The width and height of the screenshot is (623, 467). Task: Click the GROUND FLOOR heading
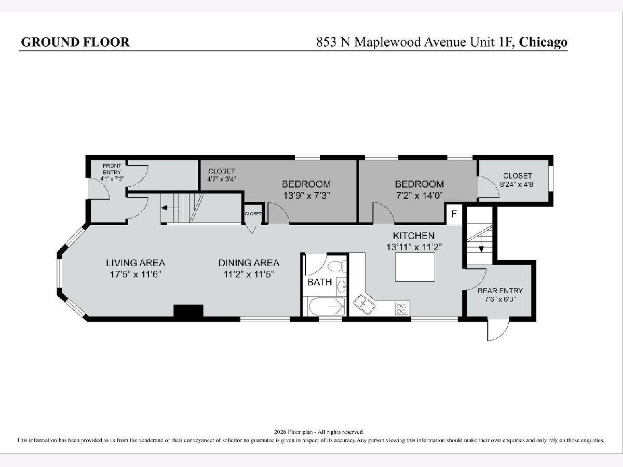click(x=75, y=42)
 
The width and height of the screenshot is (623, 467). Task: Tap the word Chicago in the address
click(x=543, y=42)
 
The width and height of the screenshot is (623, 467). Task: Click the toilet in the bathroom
click(x=337, y=266)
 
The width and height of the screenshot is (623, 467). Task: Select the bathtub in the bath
click(x=327, y=306)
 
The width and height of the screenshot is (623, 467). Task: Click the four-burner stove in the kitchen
click(x=401, y=309)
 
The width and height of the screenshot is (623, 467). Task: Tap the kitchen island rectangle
click(x=415, y=267)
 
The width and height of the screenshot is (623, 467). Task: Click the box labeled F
click(x=454, y=214)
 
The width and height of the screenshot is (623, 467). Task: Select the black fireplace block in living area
click(x=188, y=311)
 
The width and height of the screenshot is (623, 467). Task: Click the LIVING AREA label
click(x=136, y=263)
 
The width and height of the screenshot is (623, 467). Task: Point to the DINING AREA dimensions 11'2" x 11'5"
click(x=249, y=274)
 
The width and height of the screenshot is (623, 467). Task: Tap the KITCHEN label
click(x=414, y=236)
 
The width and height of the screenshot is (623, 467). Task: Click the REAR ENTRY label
click(x=500, y=291)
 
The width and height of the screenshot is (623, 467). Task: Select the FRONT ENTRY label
click(x=112, y=169)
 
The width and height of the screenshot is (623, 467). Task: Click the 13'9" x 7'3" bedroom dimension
click(x=306, y=196)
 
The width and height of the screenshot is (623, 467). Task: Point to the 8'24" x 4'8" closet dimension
click(x=518, y=184)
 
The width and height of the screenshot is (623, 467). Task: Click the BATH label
click(x=320, y=282)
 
